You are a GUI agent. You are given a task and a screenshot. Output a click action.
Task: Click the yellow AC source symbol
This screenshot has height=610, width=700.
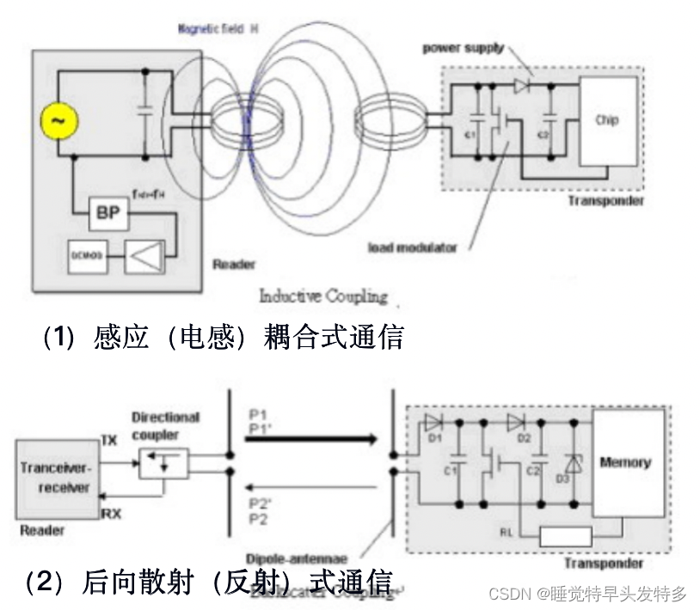pos(58,123)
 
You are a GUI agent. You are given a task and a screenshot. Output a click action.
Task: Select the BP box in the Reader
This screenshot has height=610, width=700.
pos(109,211)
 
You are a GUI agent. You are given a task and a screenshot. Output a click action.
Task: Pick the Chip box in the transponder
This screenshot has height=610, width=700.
pos(608,120)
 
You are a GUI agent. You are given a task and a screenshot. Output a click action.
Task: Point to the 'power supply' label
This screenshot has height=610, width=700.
pos(463,48)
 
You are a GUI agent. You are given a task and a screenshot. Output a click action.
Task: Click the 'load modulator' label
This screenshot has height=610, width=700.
pos(413,247)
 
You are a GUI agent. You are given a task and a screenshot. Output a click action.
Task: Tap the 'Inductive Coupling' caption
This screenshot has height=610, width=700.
pos(322,296)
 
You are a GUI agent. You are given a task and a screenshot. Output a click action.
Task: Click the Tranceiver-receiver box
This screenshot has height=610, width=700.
pos(54,474)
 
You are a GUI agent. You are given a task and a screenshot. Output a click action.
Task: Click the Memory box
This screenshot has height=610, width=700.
pos(625,462)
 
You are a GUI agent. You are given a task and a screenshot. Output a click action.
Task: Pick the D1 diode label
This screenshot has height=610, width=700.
pos(435,440)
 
